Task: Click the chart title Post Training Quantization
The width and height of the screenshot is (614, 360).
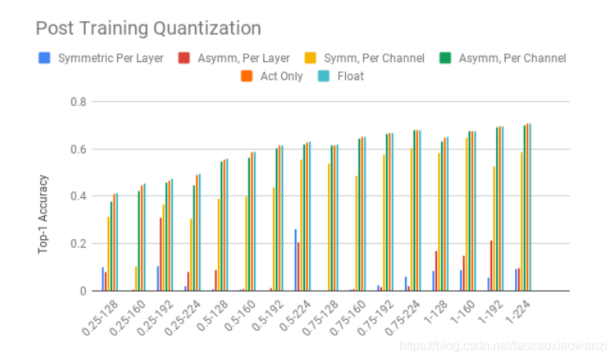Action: pyautogui.click(x=148, y=28)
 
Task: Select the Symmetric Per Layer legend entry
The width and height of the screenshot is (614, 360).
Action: pyautogui.click(x=110, y=57)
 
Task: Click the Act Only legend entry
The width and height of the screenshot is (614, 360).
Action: pyautogui.click(x=281, y=76)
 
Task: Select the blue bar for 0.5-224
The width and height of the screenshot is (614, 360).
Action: pyautogui.click(x=296, y=260)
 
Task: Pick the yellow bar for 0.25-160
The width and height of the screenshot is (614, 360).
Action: pyautogui.click(x=136, y=278)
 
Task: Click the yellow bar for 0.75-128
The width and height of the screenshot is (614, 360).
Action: pyautogui.click(x=329, y=227)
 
